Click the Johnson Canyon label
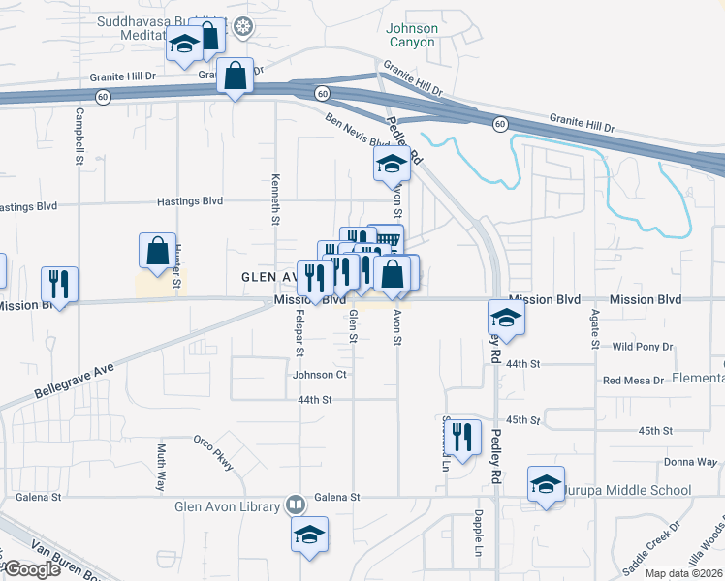coord(413,35)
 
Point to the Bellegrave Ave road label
coord(73,378)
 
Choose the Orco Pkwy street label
coord(214,452)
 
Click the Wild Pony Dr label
coord(636,346)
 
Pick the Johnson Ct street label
coord(320,374)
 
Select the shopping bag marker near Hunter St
coord(156,251)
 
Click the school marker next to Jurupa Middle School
coord(546,483)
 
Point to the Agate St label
coord(593,329)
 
